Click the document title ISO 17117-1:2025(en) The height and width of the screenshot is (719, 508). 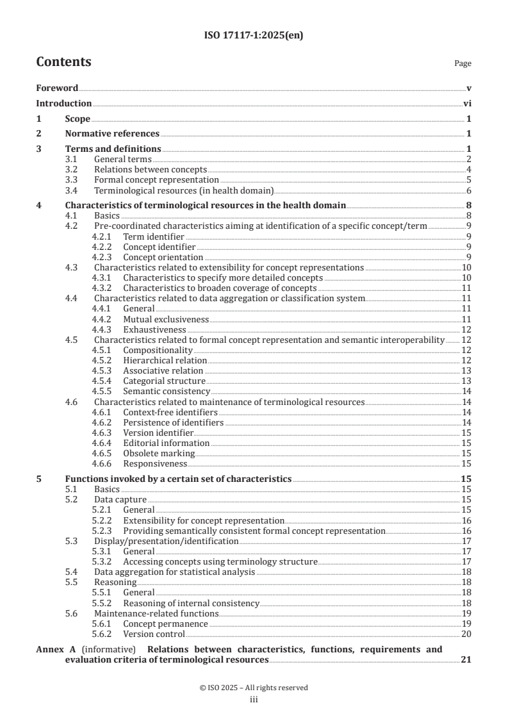tap(254, 36)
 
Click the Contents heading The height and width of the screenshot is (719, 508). tap(63, 62)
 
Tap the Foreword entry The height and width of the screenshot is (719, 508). tap(57, 88)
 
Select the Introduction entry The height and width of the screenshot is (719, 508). tap(63, 103)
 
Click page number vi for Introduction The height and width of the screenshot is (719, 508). tap(467, 103)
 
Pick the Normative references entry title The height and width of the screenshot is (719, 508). tap(112, 133)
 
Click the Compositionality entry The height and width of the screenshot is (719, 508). tap(158, 350)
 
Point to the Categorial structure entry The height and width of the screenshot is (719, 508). tap(164, 381)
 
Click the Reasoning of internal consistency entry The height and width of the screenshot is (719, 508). tap(191, 603)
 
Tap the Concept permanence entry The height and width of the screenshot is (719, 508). tap(165, 624)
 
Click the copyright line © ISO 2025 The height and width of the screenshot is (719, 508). tap(254, 688)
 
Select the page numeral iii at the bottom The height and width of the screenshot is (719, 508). tap(254, 700)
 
